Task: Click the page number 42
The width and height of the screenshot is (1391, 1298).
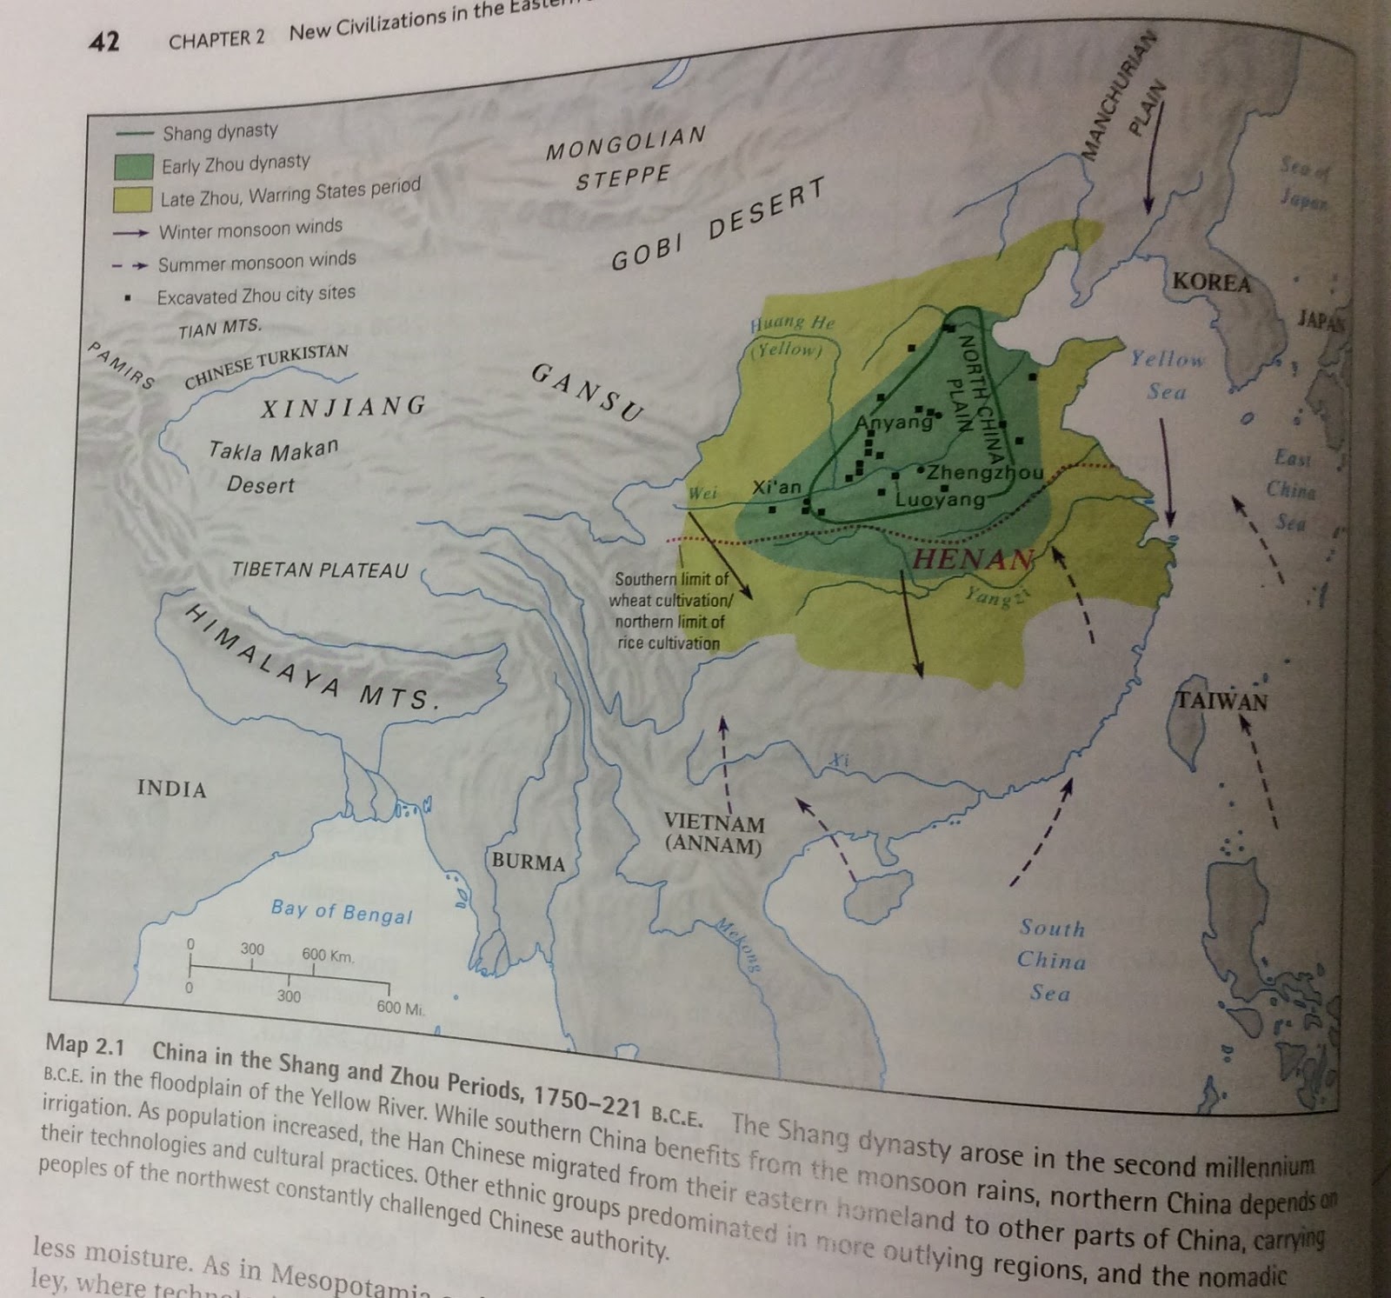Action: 104,41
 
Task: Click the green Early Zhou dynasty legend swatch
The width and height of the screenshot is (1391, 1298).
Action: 135,167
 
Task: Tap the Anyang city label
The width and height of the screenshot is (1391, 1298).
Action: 894,423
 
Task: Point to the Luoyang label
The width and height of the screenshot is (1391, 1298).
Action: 940,500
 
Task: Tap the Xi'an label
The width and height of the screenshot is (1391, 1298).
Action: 776,487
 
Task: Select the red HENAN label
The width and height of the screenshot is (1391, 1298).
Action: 973,559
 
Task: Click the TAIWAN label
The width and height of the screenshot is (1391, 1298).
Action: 1221,701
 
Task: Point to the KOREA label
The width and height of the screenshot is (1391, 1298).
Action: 1211,283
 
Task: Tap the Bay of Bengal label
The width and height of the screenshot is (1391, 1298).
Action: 341,912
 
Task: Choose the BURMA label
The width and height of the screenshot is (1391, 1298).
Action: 528,862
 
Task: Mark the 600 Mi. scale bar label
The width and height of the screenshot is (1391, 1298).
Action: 399,1008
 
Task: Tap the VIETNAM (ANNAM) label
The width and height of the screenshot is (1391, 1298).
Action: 714,833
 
